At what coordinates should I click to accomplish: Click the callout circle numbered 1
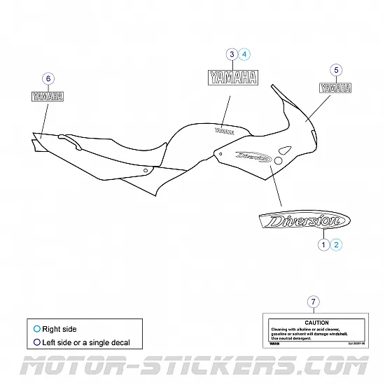coord(323,244)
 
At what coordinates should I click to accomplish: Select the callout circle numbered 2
coord(337,244)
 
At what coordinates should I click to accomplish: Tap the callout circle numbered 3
coord(231,54)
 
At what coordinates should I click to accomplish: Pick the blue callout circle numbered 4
coord(244,54)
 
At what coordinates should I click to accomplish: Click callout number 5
coord(337,70)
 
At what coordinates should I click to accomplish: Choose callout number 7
coord(313,302)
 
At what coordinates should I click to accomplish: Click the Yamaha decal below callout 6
coord(48,97)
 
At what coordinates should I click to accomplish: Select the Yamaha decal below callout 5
coord(337,88)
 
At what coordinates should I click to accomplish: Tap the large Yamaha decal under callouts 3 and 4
coord(232,77)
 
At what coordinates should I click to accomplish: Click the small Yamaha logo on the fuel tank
coord(225,129)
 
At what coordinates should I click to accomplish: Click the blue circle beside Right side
coord(36,328)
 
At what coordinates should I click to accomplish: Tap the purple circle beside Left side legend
coord(36,343)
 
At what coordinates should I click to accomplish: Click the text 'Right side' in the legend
coord(59,328)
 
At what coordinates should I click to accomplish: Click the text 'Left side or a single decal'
coord(85,343)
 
